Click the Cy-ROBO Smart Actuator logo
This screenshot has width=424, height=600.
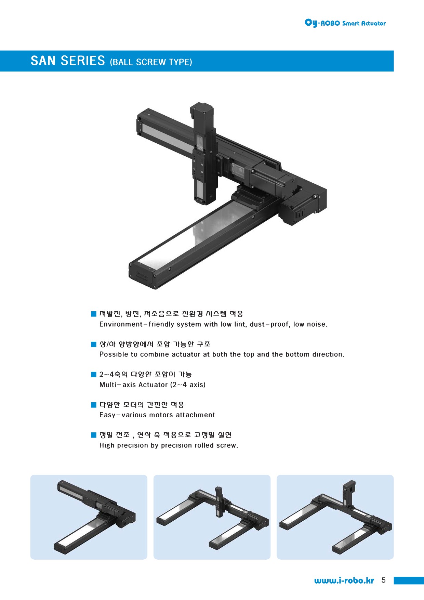coord(345,23)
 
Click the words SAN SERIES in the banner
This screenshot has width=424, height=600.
coord(68,61)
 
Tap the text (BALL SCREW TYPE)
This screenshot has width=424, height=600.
coord(151,62)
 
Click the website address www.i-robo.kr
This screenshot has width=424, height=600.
coord(344,581)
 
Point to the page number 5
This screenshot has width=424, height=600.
coord(383,580)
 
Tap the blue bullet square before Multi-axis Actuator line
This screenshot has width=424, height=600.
coord(94,375)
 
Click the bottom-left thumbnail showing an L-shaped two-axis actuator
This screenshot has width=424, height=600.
coord(89,517)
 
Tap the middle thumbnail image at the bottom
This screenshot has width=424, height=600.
coord(212,517)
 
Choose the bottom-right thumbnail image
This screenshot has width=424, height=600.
coord(335,517)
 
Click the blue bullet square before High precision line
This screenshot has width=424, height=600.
coord(94,435)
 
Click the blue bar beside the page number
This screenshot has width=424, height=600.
coord(409,581)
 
